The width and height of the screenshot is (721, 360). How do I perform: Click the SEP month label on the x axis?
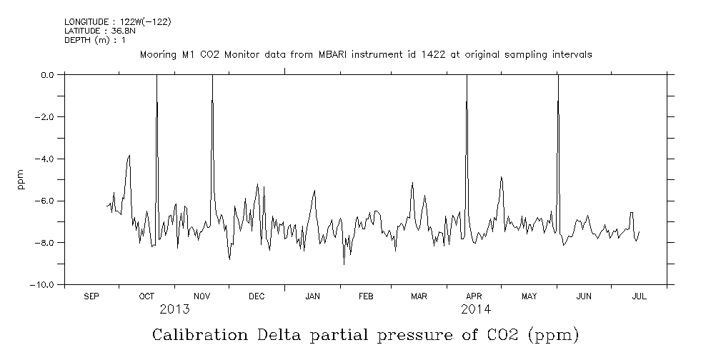91,296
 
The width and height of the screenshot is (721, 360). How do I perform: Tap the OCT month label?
146,296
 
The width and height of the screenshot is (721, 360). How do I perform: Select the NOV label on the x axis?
202,296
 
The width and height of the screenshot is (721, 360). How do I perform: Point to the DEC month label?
257,296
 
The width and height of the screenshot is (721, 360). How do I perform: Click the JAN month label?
312,296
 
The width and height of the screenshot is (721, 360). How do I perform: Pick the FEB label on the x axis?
365,296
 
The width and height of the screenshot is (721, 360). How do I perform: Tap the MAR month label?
419,296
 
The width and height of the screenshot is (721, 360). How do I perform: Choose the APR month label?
474,296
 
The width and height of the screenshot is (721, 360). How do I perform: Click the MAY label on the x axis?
529,296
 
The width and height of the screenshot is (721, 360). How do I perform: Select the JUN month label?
584,296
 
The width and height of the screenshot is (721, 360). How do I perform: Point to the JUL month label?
639,296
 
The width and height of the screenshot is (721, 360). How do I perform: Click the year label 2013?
174,309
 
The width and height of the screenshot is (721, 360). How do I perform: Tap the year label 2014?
476,309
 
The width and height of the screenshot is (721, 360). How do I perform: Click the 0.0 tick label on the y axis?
48,74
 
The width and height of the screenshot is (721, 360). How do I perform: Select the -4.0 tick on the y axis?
46,159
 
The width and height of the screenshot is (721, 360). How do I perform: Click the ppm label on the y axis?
21,179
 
